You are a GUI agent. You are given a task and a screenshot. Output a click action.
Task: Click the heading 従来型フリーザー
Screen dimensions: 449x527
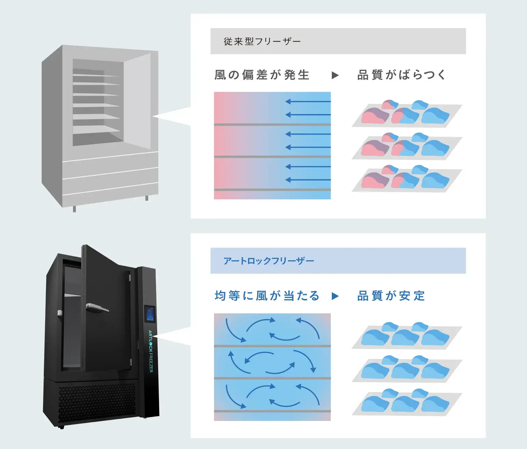click(x=262, y=41)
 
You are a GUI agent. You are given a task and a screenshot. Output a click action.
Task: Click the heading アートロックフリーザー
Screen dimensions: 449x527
click(x=268, y=261)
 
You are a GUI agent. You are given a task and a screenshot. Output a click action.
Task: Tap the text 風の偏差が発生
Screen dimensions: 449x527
click(x=262, y=75)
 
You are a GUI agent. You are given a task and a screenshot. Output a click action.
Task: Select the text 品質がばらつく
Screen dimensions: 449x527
click(x=401, y=75)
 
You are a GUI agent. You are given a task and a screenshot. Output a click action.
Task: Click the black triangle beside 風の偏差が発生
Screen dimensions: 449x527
click(x=335, y=75)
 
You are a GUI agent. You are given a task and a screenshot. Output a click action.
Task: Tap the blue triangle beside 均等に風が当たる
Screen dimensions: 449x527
click(x=335, y=296)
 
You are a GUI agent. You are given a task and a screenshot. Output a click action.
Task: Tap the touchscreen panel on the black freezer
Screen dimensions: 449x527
click(x=150, y=314)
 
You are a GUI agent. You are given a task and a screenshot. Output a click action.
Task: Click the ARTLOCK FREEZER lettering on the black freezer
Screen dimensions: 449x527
click(x=151, y=351)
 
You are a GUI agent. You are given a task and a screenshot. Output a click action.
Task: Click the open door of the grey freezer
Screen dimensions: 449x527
click(x=137, y=99)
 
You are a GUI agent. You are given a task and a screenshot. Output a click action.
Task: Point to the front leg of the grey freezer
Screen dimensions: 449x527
click(x=74, y=209)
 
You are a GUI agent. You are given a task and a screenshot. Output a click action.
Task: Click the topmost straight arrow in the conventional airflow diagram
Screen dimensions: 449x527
click(x=308, y=101)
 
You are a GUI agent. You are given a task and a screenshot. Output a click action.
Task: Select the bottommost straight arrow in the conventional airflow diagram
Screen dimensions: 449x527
click(x=308, y=180)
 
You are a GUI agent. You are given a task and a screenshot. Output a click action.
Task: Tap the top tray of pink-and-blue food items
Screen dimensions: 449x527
click(x=406, y=114)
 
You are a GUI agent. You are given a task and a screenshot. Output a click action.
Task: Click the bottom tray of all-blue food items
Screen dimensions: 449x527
click(x=406, y=402)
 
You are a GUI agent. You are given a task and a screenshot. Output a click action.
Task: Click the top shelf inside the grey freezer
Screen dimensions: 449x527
click(x=96, y=75)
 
